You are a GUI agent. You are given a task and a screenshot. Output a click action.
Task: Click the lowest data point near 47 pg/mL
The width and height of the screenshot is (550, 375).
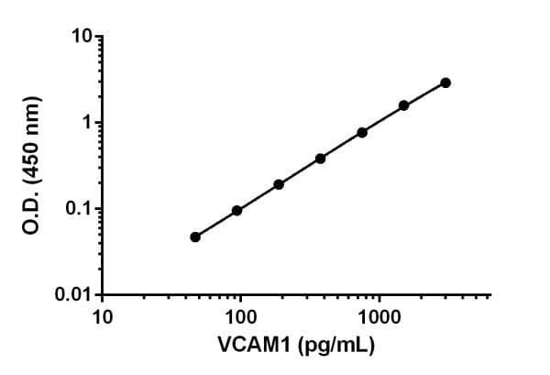pos(195,237)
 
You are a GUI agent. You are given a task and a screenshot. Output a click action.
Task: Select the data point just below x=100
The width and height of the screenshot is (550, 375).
pos(236,211)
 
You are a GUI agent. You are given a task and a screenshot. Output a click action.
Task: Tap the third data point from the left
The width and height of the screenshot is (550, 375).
pos(279,184)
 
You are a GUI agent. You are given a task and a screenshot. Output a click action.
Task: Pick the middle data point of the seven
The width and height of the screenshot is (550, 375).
pos(321,159)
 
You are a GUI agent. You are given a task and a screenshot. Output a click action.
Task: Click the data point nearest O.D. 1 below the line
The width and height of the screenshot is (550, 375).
pos(362,132)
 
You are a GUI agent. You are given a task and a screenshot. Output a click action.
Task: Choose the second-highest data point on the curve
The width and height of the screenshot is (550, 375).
pos(403,105)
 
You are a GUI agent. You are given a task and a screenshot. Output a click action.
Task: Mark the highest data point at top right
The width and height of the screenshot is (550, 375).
pos(445,83)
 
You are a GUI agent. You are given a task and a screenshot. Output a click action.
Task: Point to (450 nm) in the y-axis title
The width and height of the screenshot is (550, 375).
pos(31,138)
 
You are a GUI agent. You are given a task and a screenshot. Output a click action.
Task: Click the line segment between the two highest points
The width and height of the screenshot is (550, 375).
pos(424,94)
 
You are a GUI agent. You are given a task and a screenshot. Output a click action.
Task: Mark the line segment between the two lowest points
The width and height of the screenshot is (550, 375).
pos(216,224)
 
